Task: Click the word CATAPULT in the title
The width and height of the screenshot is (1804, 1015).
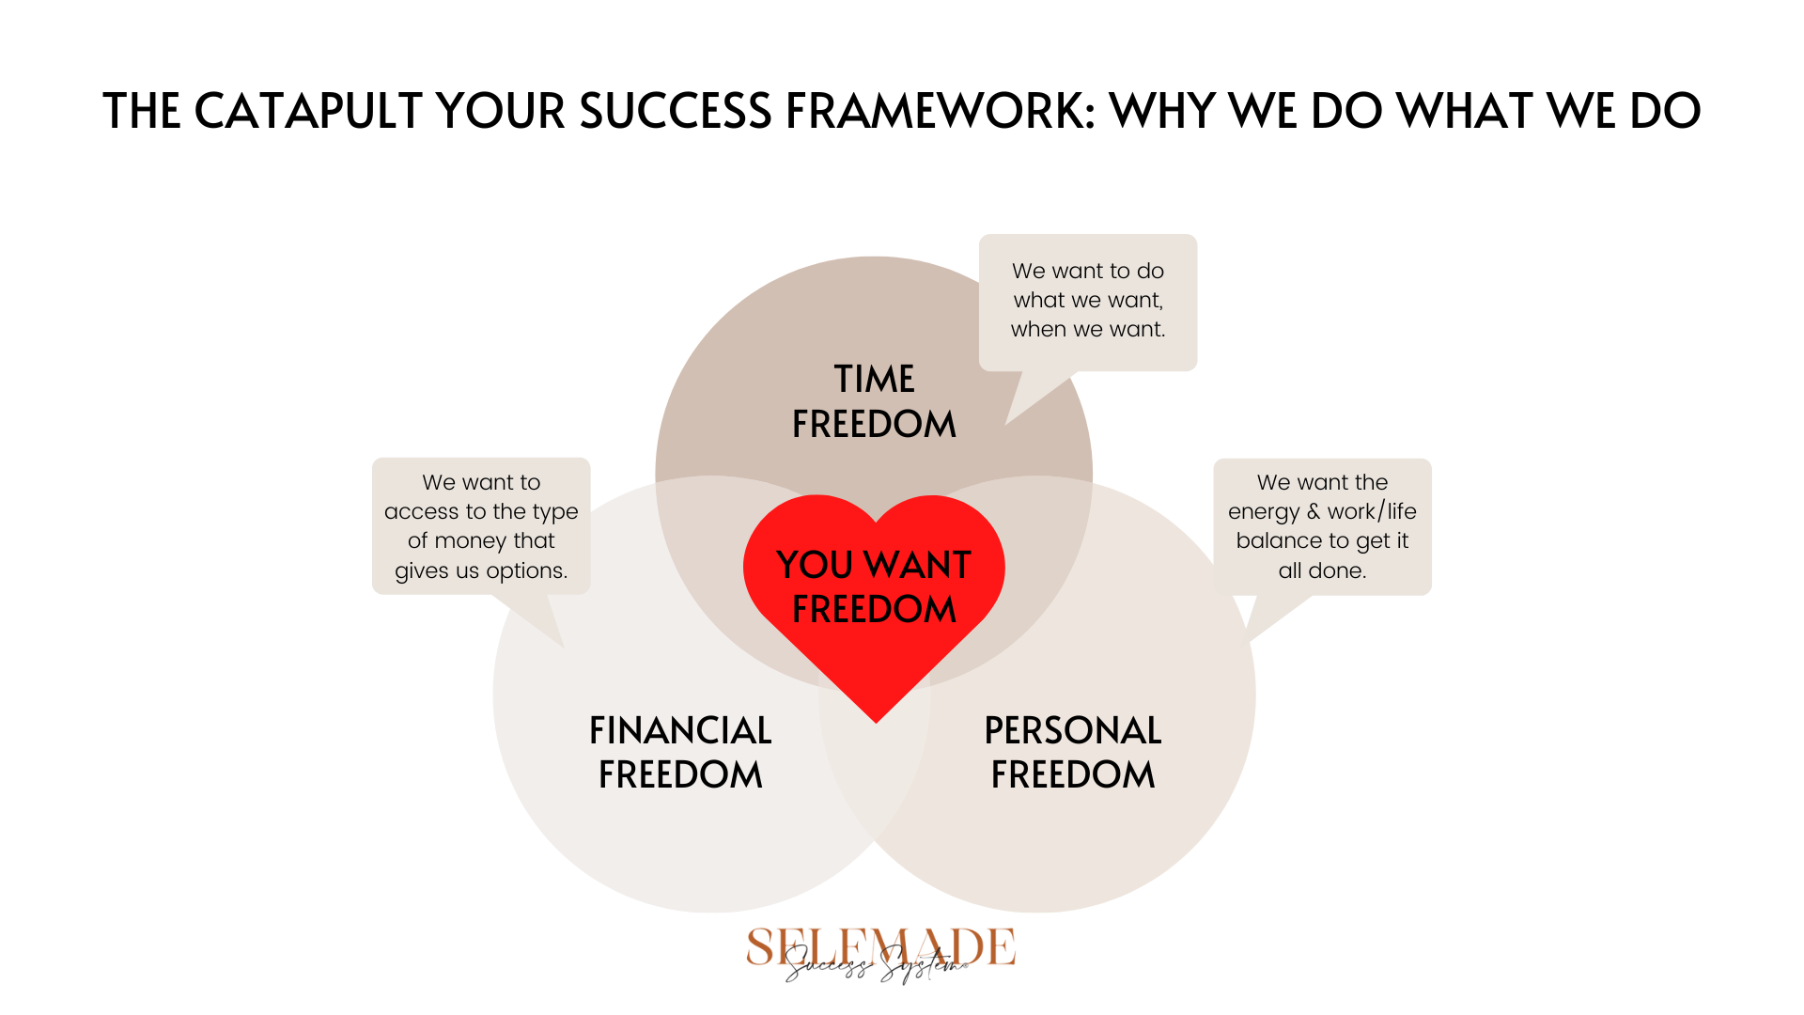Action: click(308, 111)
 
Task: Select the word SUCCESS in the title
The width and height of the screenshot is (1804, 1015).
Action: click(676, 111)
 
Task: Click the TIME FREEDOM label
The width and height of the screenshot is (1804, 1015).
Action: click(874, 401)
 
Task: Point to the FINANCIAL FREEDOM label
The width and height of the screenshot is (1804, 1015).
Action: click(680, 752)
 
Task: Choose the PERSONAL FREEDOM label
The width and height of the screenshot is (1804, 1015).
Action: click(1073, 752)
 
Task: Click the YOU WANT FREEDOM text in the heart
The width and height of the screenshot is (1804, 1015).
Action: click(874, 586)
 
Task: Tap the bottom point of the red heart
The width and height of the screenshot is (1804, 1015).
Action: click(876, 722)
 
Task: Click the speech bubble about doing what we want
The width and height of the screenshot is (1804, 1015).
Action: click(1088, 303)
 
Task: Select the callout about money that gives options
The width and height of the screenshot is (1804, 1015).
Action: click(481, 526)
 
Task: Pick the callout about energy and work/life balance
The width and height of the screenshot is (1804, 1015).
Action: click(1322, 526)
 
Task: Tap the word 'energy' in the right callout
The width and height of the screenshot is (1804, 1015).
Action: click(1263, 513)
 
